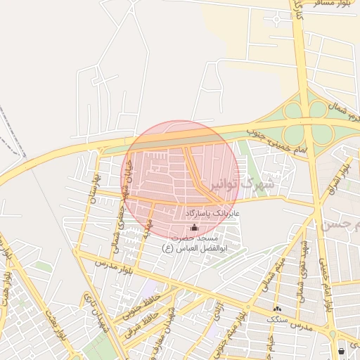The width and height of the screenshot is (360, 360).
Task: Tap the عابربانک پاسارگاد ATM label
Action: click(213, 212)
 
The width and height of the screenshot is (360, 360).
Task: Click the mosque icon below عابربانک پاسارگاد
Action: click(195, 227)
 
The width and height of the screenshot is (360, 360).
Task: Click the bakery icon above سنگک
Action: click(277, 308)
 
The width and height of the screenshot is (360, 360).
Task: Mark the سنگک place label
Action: click(277, 319)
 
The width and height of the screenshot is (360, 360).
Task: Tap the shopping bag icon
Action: click(341, 350)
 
